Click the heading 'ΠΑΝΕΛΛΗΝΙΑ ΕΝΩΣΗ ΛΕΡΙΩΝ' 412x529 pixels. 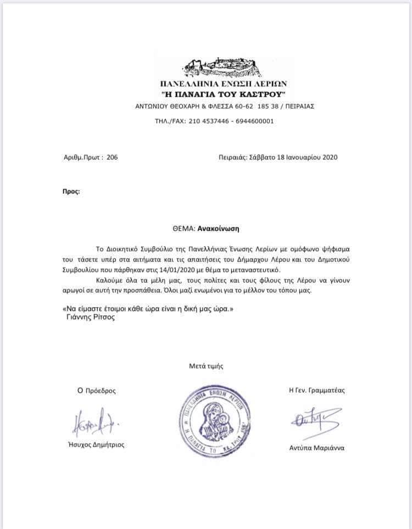point(223,84)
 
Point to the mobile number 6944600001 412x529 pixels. point(254,121)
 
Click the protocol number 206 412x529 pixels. point(112,157)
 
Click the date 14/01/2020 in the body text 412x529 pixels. point(207,270)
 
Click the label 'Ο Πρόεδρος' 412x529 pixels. point(97,391)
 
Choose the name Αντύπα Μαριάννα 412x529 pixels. point(316,448)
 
